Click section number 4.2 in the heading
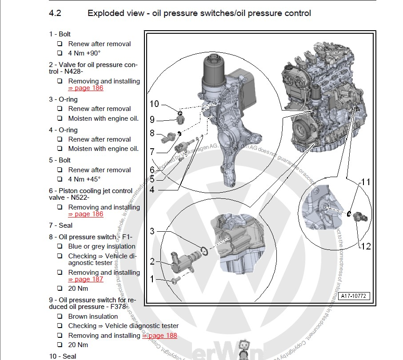coord(55,13)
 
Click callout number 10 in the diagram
coord(154,104)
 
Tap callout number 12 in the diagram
coord(365,246)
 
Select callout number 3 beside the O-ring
coord(152,231)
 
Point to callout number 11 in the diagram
coord(365,182)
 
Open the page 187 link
coord(85,280)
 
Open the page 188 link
coord(160,336)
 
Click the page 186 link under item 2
coord(85,88)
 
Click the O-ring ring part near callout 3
coord(205,252)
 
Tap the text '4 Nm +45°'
coord(84,179)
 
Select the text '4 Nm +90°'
coord(84,53)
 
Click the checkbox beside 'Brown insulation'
coord(60,316)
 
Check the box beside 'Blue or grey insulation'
coord(60,246)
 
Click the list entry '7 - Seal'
coord(60,225)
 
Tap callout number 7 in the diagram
coord(152,151)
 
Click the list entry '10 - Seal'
coord(63,356)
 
